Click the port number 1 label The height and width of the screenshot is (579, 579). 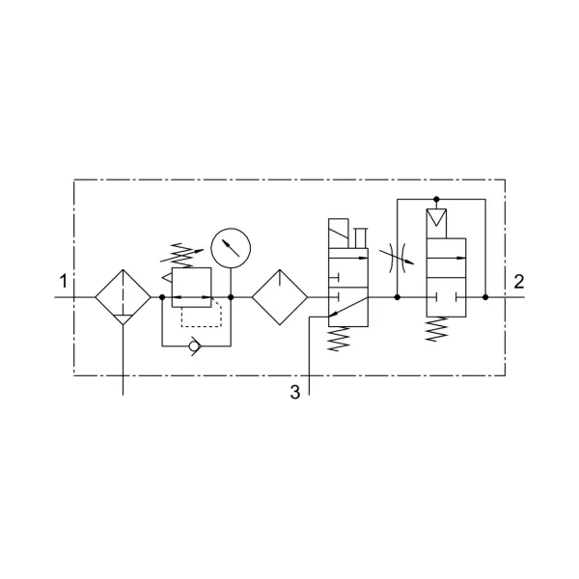[x=64, y=281]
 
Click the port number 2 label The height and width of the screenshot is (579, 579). [x=519, y=282]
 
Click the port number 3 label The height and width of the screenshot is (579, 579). [x=295, y=392]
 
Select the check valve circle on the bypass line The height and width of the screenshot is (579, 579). [x=193, y=346]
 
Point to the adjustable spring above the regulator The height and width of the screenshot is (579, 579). [x=181, y=255]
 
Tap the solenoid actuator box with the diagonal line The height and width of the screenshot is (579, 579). [x=339, y=234]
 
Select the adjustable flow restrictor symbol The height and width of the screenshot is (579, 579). [x=397, y=258]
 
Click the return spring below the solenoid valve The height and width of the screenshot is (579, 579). [x=339, y=339]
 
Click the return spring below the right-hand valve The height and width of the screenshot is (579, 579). [x=437, y=329]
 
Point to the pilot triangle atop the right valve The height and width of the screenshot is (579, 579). [x=436, y=217]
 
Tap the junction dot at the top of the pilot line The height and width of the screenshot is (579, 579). [x=436, y=200]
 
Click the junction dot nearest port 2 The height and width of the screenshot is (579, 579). [x=485, y=297]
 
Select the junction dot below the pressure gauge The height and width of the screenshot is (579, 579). [x=231, y=297]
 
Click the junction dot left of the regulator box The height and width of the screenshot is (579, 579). [x=162, y=297]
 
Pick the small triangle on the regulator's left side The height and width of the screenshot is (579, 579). [x=167, y=278]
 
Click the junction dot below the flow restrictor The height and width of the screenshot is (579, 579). [x=398, y=297]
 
